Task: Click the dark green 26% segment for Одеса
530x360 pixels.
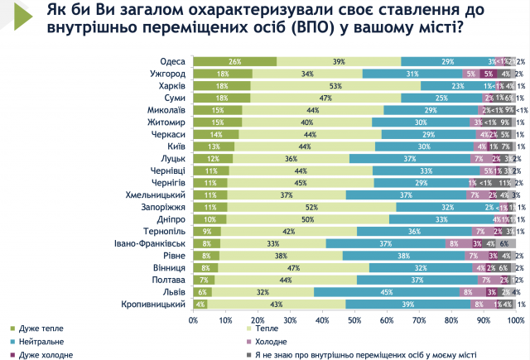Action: [235, 62]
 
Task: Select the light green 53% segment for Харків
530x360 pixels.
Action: [336, 86]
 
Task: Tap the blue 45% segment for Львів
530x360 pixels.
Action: [387, 292]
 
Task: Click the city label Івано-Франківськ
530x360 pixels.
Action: [149, 243]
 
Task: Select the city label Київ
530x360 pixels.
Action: [174, 146]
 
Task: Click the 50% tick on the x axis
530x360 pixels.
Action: [354, 319]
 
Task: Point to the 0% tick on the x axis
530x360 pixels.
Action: [194, 319]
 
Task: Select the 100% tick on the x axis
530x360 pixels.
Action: [514, 319]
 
